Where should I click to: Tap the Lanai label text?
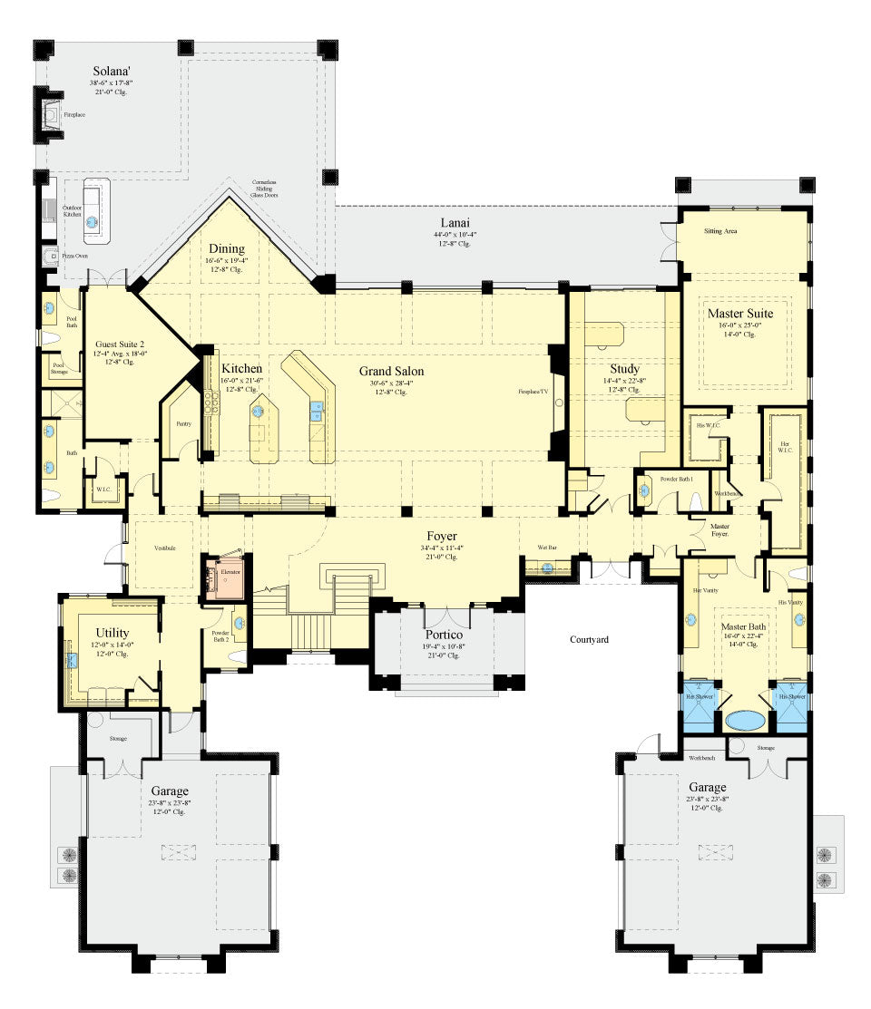coord(455,222)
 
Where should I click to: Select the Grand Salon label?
coord(391,371)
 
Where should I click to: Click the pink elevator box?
coord(222,577)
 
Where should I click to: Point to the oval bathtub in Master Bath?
coord(746,721)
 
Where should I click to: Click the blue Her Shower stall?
coord(700,705)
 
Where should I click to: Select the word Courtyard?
coord(589,639)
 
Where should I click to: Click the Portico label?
coord(445,635)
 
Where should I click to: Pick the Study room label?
coord(624,368)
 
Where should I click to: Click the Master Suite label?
coord(742,314)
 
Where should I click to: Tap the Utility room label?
coord(113,632)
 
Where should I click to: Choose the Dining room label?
coord(226,248)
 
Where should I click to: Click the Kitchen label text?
coord(241,368)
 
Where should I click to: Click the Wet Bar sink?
coord(548,568)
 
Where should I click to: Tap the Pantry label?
coord(184,423)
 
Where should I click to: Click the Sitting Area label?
coord(719,231)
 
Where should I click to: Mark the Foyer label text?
coord(443,536)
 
